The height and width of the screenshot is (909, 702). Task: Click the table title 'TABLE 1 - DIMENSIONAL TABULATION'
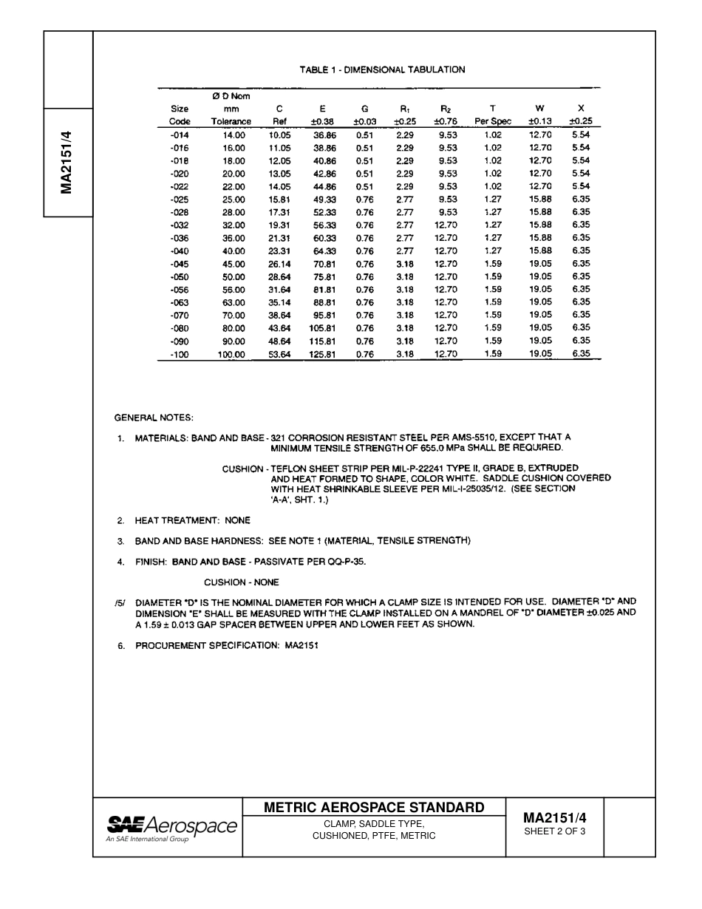[382, 70]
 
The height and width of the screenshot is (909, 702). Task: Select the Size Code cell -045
[180, 264]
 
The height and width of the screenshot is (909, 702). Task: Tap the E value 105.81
[321, 328]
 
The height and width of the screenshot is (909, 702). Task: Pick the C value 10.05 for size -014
[280, 135]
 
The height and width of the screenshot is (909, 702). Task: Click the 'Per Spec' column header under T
[493, 122]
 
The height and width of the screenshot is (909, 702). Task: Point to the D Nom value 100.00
[231, 354]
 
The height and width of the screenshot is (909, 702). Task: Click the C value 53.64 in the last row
[280, 354]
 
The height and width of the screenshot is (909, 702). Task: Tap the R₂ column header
[446, 109]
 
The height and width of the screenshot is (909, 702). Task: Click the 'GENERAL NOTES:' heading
[154, 418]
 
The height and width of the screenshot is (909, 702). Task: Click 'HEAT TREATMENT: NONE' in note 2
[192, 521]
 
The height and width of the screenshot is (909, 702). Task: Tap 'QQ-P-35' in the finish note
[347, 562]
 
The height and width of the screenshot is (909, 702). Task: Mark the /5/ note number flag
[119, 602]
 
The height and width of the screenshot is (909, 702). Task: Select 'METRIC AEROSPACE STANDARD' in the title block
[374, 808]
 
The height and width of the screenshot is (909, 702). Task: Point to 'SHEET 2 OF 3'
[554, 831]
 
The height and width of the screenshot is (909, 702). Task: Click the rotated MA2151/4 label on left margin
[67, 163]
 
